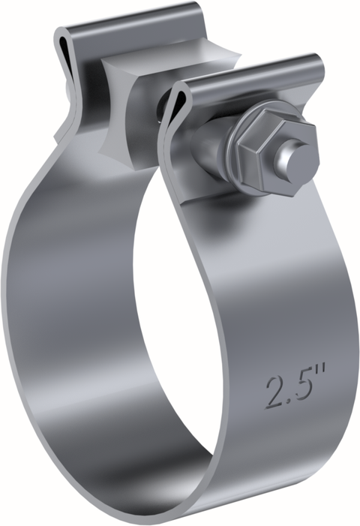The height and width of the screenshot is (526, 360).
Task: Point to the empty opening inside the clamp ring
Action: pos(187,300)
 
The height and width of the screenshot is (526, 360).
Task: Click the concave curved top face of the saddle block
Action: pos(142,71)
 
